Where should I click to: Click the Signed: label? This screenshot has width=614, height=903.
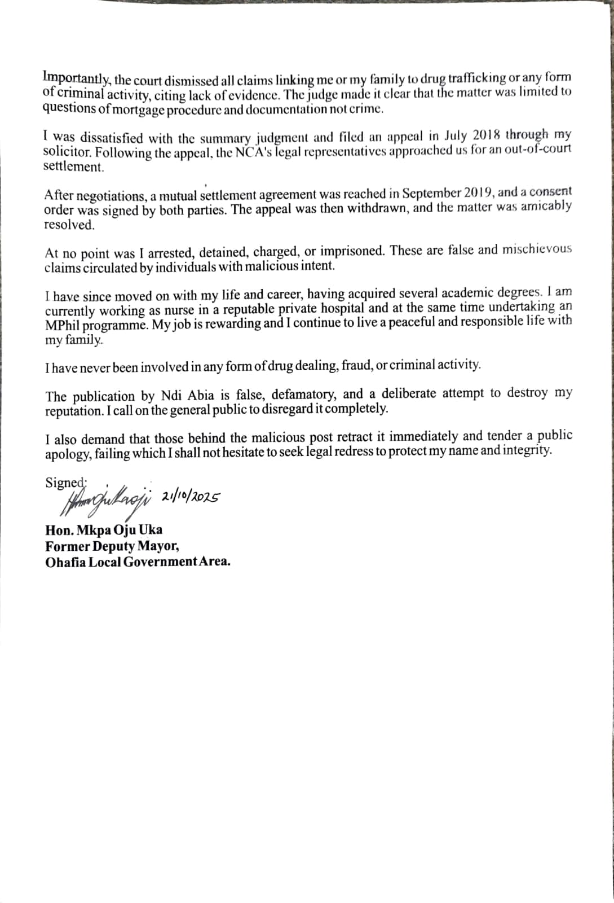tap(66, 483)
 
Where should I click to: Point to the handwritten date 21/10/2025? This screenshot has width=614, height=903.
tap(190, 496)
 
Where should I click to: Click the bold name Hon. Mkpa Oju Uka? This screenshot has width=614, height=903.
tap(104, 530)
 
